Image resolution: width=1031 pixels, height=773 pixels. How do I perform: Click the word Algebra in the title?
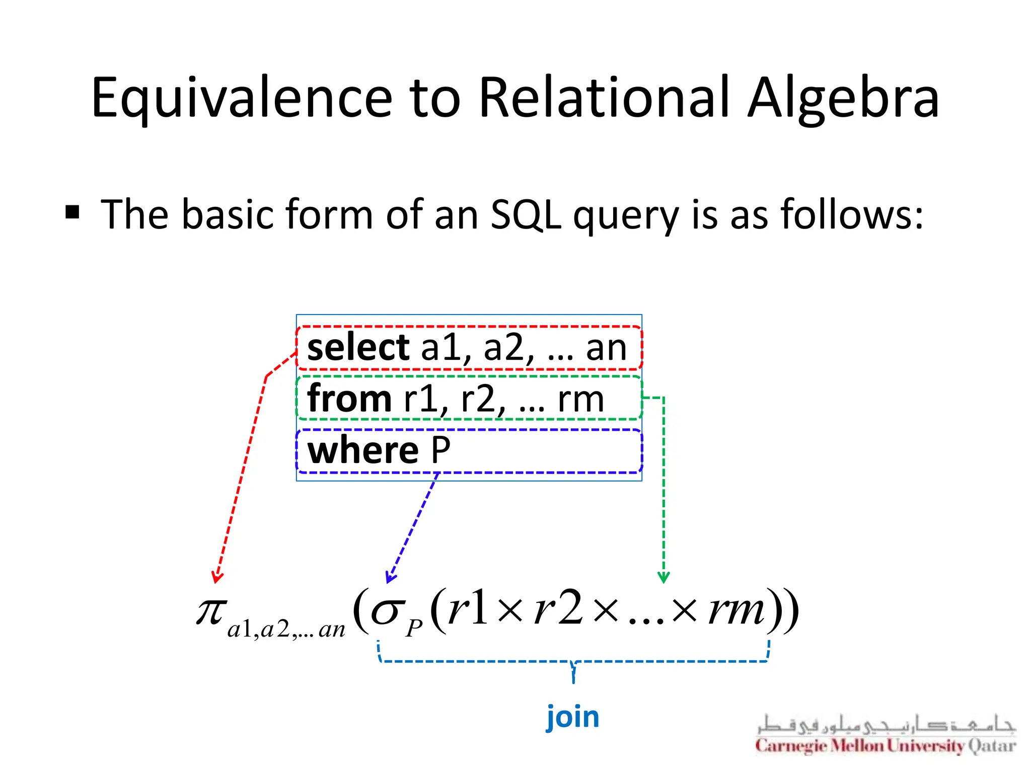point(843,98)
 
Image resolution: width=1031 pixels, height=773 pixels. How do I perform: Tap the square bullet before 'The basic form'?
point(72,212)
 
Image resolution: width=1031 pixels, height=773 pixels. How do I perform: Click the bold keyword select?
point(358,348)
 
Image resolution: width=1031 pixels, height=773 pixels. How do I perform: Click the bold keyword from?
point(349,399)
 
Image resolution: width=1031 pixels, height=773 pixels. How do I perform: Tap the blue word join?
point(573,717)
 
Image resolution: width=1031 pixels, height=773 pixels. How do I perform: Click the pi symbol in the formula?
point(211,611)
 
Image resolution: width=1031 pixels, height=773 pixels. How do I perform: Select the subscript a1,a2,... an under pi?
point(286,630)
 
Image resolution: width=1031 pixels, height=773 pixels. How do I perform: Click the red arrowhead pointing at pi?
point(217,577)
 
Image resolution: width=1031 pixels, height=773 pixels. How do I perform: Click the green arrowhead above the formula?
point(664,577)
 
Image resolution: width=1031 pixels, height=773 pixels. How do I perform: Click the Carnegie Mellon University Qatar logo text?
point(886,745)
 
